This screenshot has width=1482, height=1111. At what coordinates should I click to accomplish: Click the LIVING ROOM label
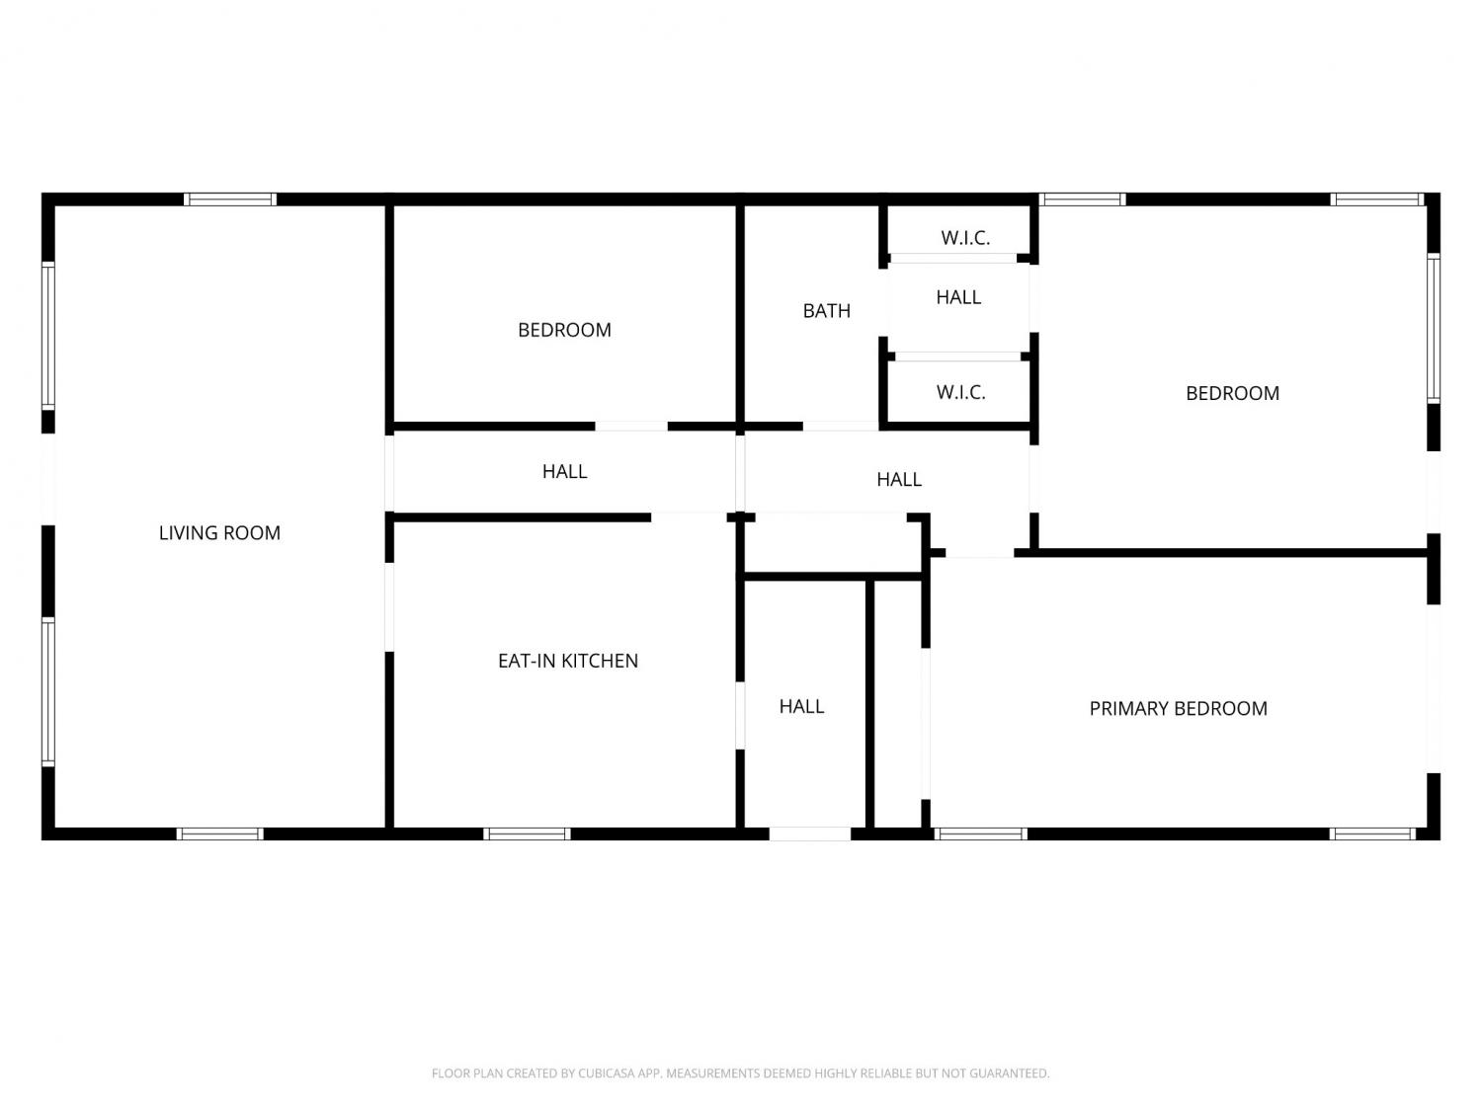click(219, 533)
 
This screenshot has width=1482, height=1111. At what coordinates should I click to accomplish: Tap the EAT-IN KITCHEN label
click(568, 661)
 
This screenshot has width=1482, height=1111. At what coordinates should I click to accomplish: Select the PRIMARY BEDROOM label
click(1178, 708)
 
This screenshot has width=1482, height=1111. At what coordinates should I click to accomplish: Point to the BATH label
click(826, 311)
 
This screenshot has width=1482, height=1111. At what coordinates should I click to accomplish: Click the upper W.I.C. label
click(965, 238)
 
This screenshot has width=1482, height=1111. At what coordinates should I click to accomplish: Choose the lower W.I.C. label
click(960, 392)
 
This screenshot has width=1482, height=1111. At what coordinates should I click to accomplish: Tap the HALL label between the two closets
click(958, 297)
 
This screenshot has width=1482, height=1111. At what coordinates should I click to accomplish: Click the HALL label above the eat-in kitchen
click(564, 472)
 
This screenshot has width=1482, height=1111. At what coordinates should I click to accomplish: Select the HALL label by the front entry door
click(801, 706)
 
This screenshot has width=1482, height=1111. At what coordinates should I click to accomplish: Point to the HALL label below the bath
click(898, 479)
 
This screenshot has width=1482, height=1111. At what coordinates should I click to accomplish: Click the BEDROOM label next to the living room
click(564, 330)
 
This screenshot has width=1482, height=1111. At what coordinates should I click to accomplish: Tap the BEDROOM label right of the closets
click(1232, 393)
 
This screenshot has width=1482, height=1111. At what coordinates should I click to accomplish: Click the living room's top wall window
click(230, 199)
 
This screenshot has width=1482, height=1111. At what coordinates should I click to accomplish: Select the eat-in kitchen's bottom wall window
click(527, 834)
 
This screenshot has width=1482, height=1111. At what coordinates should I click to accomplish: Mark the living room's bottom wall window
click(219, 834)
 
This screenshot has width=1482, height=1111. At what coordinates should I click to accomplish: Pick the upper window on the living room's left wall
click(47, 334)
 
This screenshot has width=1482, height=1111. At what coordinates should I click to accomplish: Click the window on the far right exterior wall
click(1434, 328)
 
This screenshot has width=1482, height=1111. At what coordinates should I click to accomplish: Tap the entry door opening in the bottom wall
click(809, 834)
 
